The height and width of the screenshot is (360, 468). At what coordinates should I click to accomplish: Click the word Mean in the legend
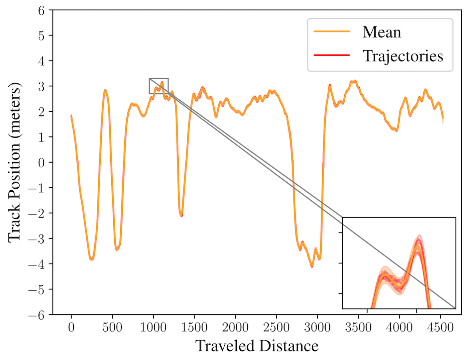pos(382,32)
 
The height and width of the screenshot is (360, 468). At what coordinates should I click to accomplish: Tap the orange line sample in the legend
pos(332,31)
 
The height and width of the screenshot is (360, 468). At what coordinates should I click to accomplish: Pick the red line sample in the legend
pos(332,56)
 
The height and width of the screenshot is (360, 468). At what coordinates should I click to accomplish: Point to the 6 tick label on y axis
pos(41,11)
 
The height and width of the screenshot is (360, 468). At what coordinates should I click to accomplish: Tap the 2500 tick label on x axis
pos(276,328)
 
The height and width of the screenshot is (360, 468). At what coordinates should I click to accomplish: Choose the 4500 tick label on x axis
pos(441,328)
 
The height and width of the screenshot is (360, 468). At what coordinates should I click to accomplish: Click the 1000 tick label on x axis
pos(153,328)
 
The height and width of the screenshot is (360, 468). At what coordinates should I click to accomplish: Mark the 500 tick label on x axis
pos(112,328)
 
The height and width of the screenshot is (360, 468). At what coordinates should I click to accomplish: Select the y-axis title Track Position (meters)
pos(15,162)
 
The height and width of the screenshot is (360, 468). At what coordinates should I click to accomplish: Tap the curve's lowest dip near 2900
pos(312,266)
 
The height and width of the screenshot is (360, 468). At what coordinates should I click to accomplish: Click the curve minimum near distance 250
pos(92,259)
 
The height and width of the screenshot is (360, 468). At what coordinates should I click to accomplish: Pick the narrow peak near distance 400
pos(105,90)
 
